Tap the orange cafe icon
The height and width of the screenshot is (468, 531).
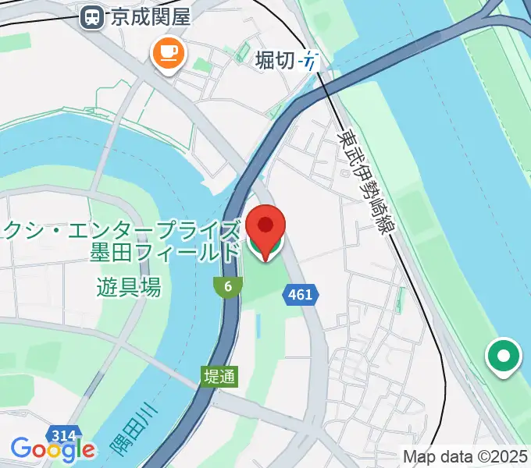169,54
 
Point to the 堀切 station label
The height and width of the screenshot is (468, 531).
275,59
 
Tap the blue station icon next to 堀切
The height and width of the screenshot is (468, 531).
311,61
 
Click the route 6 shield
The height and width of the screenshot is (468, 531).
227,287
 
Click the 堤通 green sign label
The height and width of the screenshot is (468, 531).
219,376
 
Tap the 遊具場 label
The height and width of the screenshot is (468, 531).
130,287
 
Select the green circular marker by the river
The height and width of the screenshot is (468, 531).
504,357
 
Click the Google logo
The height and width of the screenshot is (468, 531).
53,450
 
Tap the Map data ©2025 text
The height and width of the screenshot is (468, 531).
465,456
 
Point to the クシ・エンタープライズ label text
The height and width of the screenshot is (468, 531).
121,231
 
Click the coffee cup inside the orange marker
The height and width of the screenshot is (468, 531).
169,52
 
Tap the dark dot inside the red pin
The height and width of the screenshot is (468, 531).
265,225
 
